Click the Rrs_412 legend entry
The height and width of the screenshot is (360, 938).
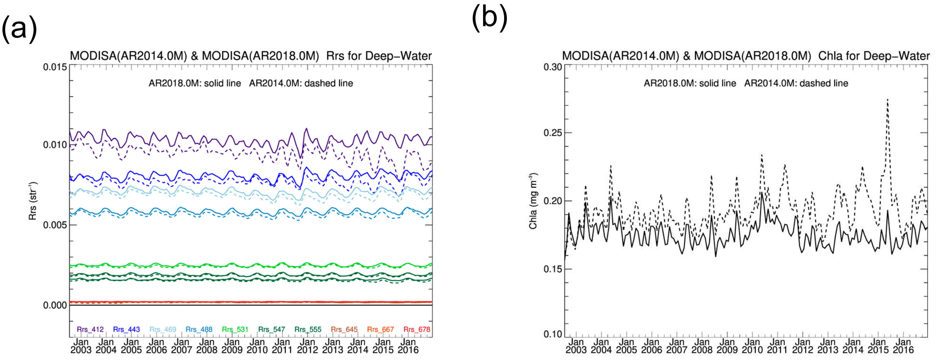click(x=90, y=329)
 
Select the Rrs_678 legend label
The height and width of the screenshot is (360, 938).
click(x=417, y=329)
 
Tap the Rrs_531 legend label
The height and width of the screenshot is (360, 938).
click(x=235, y=329)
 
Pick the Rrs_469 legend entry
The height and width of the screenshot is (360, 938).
click(x=163, y=329)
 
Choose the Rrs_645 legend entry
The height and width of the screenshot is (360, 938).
click(x=344, y=329)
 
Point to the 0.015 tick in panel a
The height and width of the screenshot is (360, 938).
click(x=55, y=67)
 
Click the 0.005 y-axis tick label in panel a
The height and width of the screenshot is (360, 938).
click(x=55, y=225)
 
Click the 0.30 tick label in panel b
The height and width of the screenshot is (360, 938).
click(x=553, y=67)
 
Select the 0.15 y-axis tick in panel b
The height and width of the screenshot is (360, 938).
click(x=553, y=269)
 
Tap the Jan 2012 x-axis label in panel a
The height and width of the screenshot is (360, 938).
click(x=307, y=346)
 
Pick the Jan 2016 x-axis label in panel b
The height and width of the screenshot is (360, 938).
click(x=903, y=346)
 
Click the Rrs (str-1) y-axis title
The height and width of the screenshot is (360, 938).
click(x=33, y=201)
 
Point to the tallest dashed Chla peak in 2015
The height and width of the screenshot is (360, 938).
click(x=887, y=99)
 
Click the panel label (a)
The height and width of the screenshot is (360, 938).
click(x=19, y=29)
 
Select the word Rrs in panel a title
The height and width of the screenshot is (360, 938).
click(x=335, y=56)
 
